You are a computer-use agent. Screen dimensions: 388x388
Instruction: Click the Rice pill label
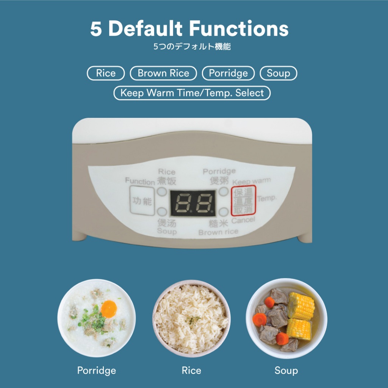(106, 73)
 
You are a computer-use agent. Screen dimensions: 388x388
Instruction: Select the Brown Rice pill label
(163, 73)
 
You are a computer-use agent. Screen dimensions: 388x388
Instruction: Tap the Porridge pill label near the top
(228, 73)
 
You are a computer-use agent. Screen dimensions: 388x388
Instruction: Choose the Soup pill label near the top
(278, 73)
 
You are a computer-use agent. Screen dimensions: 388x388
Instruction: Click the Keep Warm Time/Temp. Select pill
(192, 93)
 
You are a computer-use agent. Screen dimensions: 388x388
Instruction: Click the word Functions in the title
(239, 29)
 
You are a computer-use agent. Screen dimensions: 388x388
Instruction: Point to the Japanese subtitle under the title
(192, 47)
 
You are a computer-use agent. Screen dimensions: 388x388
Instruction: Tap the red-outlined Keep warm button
(243, 201)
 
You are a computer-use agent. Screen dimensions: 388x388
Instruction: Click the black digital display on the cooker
(192, 203)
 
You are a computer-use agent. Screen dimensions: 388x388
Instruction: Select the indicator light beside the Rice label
(162, 191)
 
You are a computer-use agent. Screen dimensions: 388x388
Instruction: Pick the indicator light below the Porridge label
(224, 191)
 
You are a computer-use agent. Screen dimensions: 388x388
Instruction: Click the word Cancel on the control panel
(243, 220)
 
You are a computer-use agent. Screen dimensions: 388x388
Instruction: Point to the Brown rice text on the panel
(218, 232)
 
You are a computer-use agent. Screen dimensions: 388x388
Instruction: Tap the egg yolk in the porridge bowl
(109, 309)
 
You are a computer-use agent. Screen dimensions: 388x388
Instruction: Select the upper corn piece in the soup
(301, 306)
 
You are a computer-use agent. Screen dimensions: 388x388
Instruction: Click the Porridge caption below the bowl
(97, 371)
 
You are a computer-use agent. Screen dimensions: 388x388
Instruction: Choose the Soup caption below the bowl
(286, 371)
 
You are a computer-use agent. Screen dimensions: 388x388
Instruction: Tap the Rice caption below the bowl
(191, 371)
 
